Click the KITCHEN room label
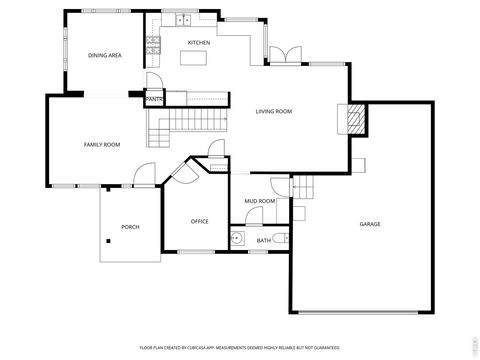tap(199, 43)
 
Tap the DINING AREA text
tap(105, 55)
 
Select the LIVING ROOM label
tap(273, 111)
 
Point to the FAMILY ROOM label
tap(101, 145)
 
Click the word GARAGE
tap(370, 224)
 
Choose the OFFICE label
tap(200, 221)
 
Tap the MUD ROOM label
tap(260, 201)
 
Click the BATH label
tap(263, 240)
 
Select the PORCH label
tap(130, 227)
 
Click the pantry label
tap(155, 100)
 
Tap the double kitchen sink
tap(183, 20)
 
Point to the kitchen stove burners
tap(153, 43)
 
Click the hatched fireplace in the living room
tap(353, 119)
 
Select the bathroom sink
tap(237, 239)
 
